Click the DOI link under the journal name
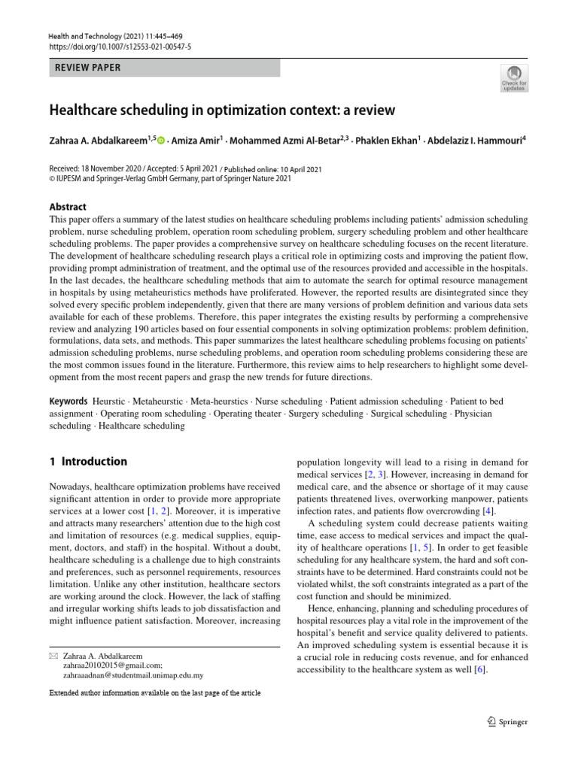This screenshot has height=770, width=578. (120, 47)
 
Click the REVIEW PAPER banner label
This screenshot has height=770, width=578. (88, 68)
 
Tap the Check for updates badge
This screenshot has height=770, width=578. (514, 78)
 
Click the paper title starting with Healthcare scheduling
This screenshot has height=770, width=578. (222, 111)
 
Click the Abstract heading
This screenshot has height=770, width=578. (68, 207)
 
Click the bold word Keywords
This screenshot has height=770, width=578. (69, 402)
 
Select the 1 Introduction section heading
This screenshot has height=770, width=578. (89, 462)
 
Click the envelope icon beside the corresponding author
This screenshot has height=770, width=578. (53, 656)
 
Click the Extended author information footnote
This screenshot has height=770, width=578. (155, 693)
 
